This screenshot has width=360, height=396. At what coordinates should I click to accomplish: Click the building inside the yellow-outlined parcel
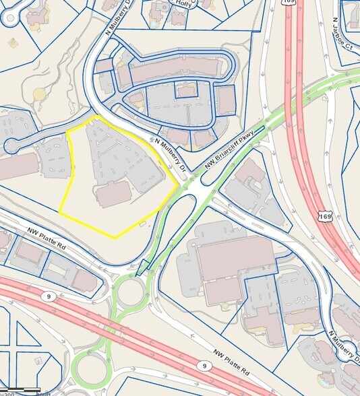click(113, 193)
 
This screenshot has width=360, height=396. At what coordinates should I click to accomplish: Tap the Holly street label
click(201, 3)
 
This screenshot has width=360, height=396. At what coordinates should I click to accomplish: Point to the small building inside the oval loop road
click(185, 90)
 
